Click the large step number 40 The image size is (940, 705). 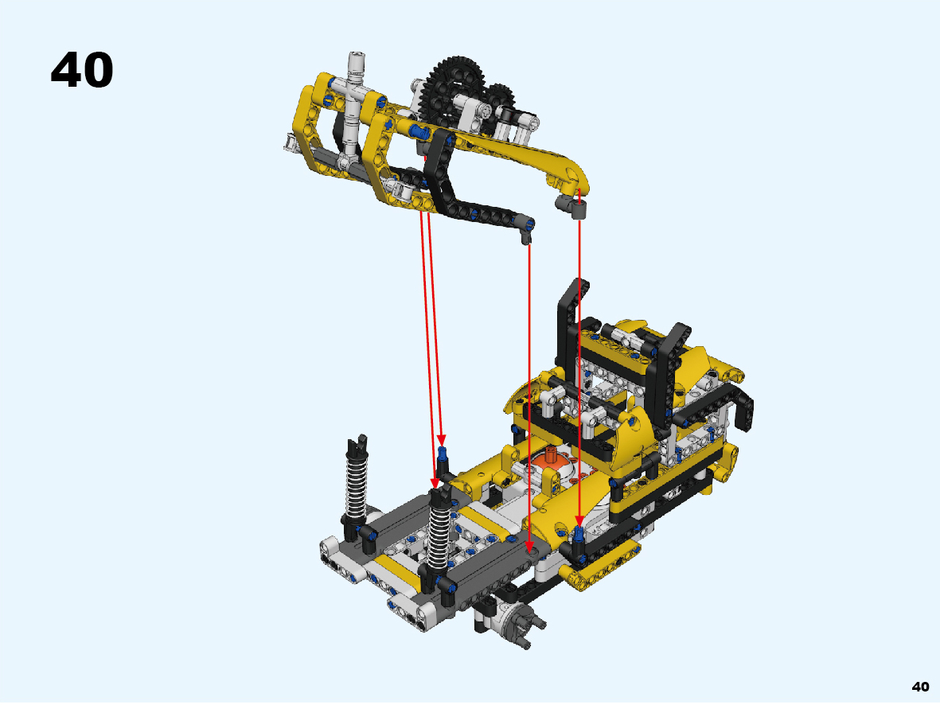[82, 70]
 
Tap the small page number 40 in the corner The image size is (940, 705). [920, 687]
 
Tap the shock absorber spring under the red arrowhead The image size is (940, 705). [439, 534]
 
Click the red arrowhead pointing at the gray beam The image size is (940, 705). [529, 547]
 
